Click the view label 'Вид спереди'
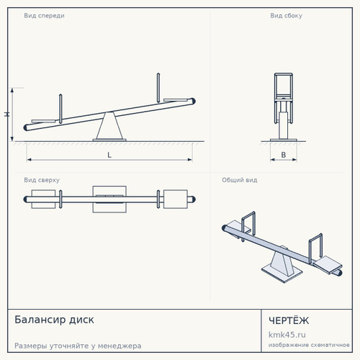[44, 16]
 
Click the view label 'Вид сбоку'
[286, 16]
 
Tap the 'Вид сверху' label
[42, 180]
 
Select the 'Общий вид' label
[240, 180]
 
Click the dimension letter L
[109, 155]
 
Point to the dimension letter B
[284, 155]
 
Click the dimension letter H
[7, 114]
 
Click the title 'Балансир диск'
[54, 320]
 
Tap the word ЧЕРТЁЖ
[289, 320]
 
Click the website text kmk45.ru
[287, 335]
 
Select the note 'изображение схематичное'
[309, 345]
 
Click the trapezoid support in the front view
[109, 126]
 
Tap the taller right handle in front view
[158, 88]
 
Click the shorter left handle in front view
[60, 109]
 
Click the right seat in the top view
[176, 199]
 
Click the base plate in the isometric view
[282, 274]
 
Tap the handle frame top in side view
[284, 74]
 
